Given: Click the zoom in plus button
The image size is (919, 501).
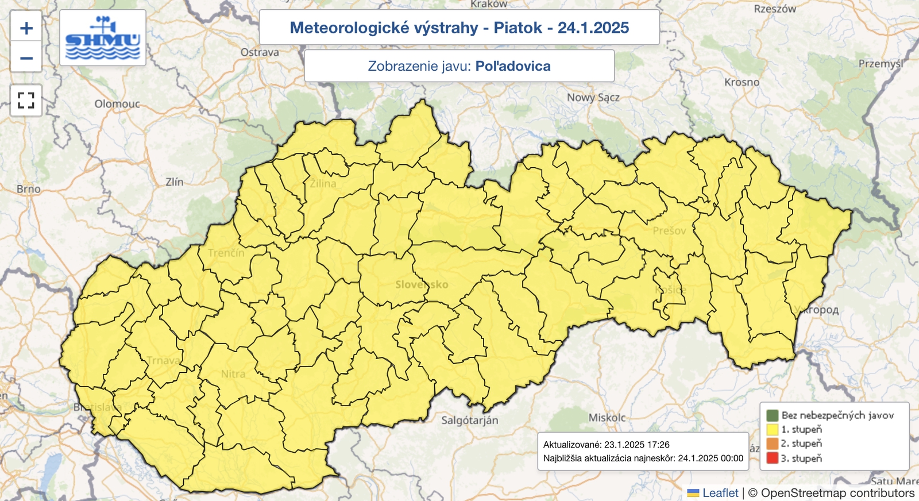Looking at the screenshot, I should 26,28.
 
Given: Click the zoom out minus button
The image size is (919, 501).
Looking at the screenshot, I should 26,58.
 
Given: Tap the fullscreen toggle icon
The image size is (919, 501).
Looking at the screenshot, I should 26,101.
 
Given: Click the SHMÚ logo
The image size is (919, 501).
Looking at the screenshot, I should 103,38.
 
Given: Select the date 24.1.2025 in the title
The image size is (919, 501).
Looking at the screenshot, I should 593,28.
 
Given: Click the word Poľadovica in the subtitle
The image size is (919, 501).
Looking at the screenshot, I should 513,66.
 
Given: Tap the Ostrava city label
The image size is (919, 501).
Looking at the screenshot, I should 260,52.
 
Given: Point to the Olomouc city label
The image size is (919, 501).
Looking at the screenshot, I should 117,104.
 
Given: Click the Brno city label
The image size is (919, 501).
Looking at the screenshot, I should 29,188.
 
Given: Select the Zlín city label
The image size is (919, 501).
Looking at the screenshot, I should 175,182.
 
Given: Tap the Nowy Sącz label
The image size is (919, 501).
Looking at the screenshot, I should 593,98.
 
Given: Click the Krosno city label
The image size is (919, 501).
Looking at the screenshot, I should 742,82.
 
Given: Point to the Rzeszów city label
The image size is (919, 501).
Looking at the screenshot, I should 775,9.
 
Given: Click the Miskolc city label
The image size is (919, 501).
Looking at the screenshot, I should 607,418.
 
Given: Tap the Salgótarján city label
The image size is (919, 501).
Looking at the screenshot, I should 470,421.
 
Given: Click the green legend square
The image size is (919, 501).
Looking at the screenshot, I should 772,415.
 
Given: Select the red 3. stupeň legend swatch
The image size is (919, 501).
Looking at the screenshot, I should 772,458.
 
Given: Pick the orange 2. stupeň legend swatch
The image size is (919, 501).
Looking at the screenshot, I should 772,444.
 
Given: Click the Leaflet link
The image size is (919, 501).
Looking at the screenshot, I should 720,493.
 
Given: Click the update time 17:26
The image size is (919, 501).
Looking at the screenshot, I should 658,445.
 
